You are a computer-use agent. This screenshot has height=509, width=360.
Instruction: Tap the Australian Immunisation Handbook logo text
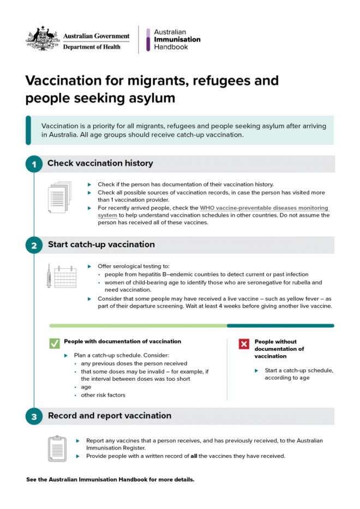(x=177, y=40)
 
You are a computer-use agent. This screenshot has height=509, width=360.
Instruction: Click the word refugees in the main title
(x=218, y=81)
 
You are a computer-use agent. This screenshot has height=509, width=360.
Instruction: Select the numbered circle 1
(x=34, y=164)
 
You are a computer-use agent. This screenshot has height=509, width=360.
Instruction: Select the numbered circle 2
(x=34, y=245)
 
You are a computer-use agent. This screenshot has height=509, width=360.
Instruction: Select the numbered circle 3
(x=34, y=417)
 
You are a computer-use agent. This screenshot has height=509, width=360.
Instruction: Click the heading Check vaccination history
(x=100, y=163)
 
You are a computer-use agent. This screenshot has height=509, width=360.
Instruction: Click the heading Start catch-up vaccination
(x=101, y=244)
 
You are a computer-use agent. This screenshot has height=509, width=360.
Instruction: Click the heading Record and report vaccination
(x=109, y=416)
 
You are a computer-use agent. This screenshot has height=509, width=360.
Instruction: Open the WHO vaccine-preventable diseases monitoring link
(x=264, y=208)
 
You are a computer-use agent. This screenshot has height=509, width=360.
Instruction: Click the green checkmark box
(x=55, y=343)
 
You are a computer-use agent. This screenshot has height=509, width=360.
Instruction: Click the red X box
(x=244, y=344)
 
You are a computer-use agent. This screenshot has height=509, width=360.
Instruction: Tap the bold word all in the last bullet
(x=194, y=456)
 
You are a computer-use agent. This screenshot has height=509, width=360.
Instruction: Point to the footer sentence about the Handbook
(x=110, y=480)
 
